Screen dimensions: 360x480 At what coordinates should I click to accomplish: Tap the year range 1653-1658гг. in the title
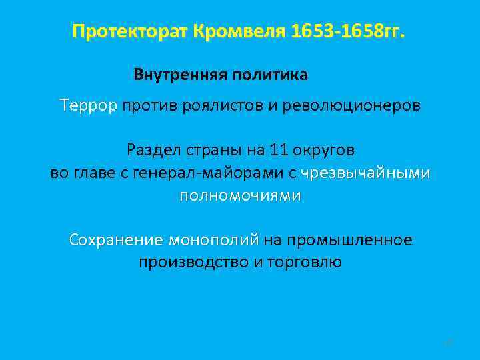coord(347,31)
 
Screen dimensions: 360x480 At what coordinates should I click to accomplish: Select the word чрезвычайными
coord(365,173)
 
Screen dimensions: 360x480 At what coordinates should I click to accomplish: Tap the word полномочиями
coord(240,196)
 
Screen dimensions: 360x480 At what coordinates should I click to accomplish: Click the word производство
coord(193,263)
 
